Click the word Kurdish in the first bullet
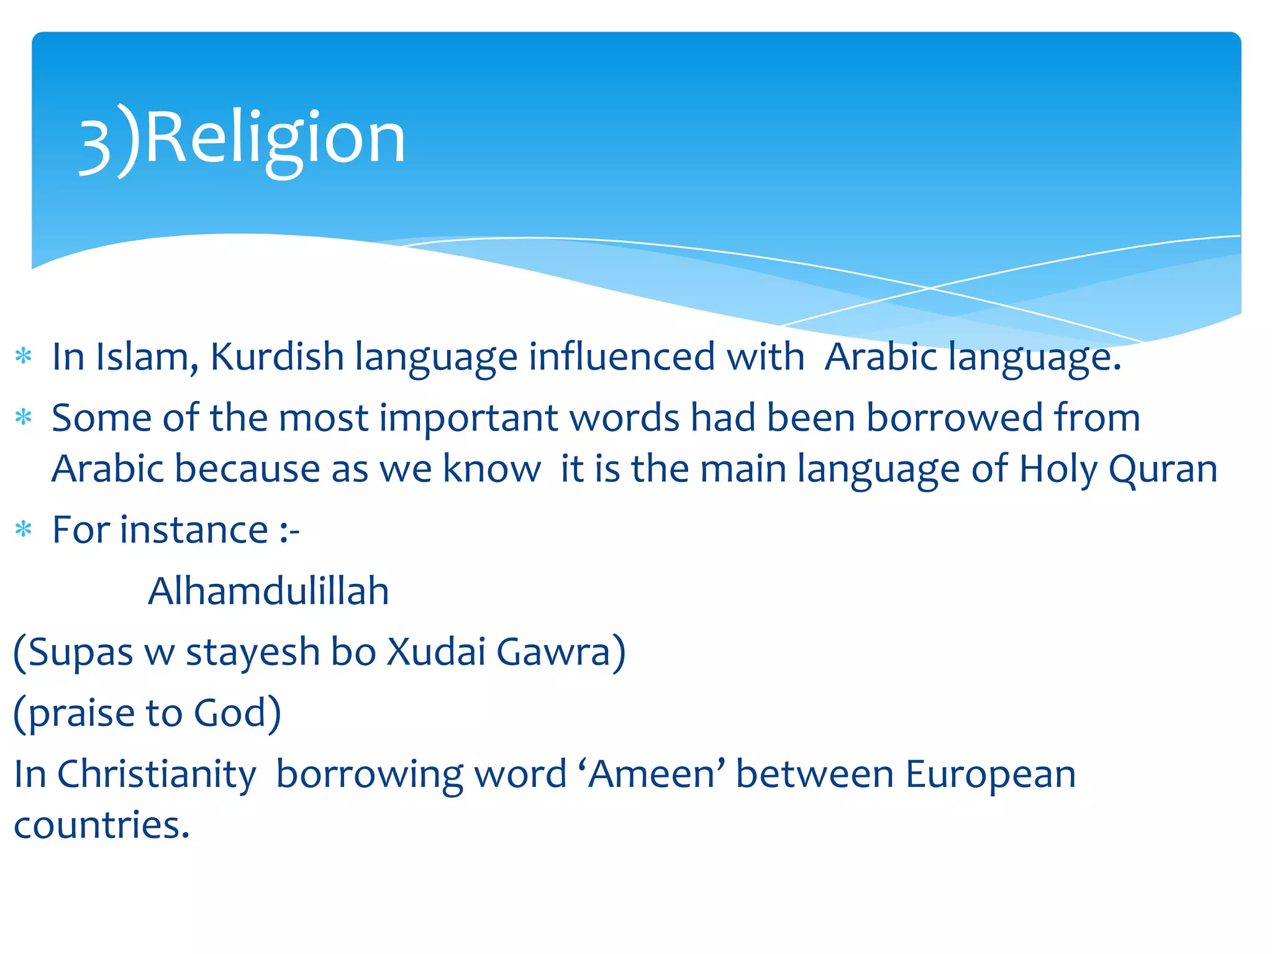click(x=277, y=358)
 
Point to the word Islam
click(x=147, y=358)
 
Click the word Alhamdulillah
click(x=268, y=591)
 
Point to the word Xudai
click(x=436, y=652)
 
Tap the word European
click(x=990, y=775)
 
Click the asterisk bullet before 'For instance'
click(x=24, y=530)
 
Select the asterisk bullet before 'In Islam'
click(x=24, y=357)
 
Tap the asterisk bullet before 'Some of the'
click(x=24, y=417)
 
